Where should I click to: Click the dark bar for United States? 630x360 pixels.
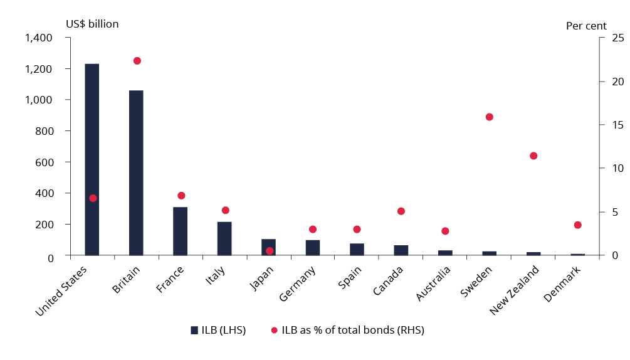click(x=92, y=159)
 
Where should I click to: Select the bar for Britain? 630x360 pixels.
click(x=136, y=172)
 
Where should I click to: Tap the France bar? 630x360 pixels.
click(x=181, y=231)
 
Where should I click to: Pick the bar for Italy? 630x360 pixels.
click(x=224, y=238)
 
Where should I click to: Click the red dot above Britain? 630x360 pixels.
click(x=137, y=61)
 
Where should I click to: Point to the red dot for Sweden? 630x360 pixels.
click(x=490, y=117)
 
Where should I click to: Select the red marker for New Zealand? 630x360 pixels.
click(x=533, y=156)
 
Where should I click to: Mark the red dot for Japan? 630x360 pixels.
click(x=270, y=251)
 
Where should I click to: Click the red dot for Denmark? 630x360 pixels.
click(x=578, y=225)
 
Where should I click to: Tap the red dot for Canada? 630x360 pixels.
click(x=401, y=211)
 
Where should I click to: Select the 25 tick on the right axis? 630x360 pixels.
click(x=601, y=38)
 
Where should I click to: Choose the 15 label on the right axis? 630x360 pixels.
click(x=601, y=125)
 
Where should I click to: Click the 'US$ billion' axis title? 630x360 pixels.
click(x=92, y=24)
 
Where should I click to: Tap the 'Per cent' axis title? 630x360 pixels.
click(x=586, y=26)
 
